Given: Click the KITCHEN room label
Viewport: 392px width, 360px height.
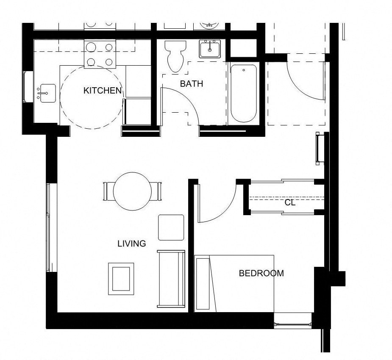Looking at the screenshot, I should click(103, 91).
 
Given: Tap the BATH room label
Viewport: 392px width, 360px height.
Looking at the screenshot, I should click(192, 84).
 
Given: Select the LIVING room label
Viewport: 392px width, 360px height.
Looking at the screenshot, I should click(132, 244).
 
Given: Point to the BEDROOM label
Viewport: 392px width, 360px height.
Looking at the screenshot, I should click(261, 273).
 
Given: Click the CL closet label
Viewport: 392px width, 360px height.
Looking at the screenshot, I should click(290, 203).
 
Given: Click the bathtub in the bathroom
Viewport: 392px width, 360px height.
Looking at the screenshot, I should click(244, 93).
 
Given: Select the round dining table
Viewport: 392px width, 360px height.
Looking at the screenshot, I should click(132, 191).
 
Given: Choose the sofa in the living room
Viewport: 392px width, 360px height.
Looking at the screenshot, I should click(171, 279).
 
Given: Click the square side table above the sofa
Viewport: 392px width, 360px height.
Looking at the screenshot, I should click(171, 227).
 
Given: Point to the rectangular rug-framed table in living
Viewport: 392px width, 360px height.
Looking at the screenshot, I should click(121, 279).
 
